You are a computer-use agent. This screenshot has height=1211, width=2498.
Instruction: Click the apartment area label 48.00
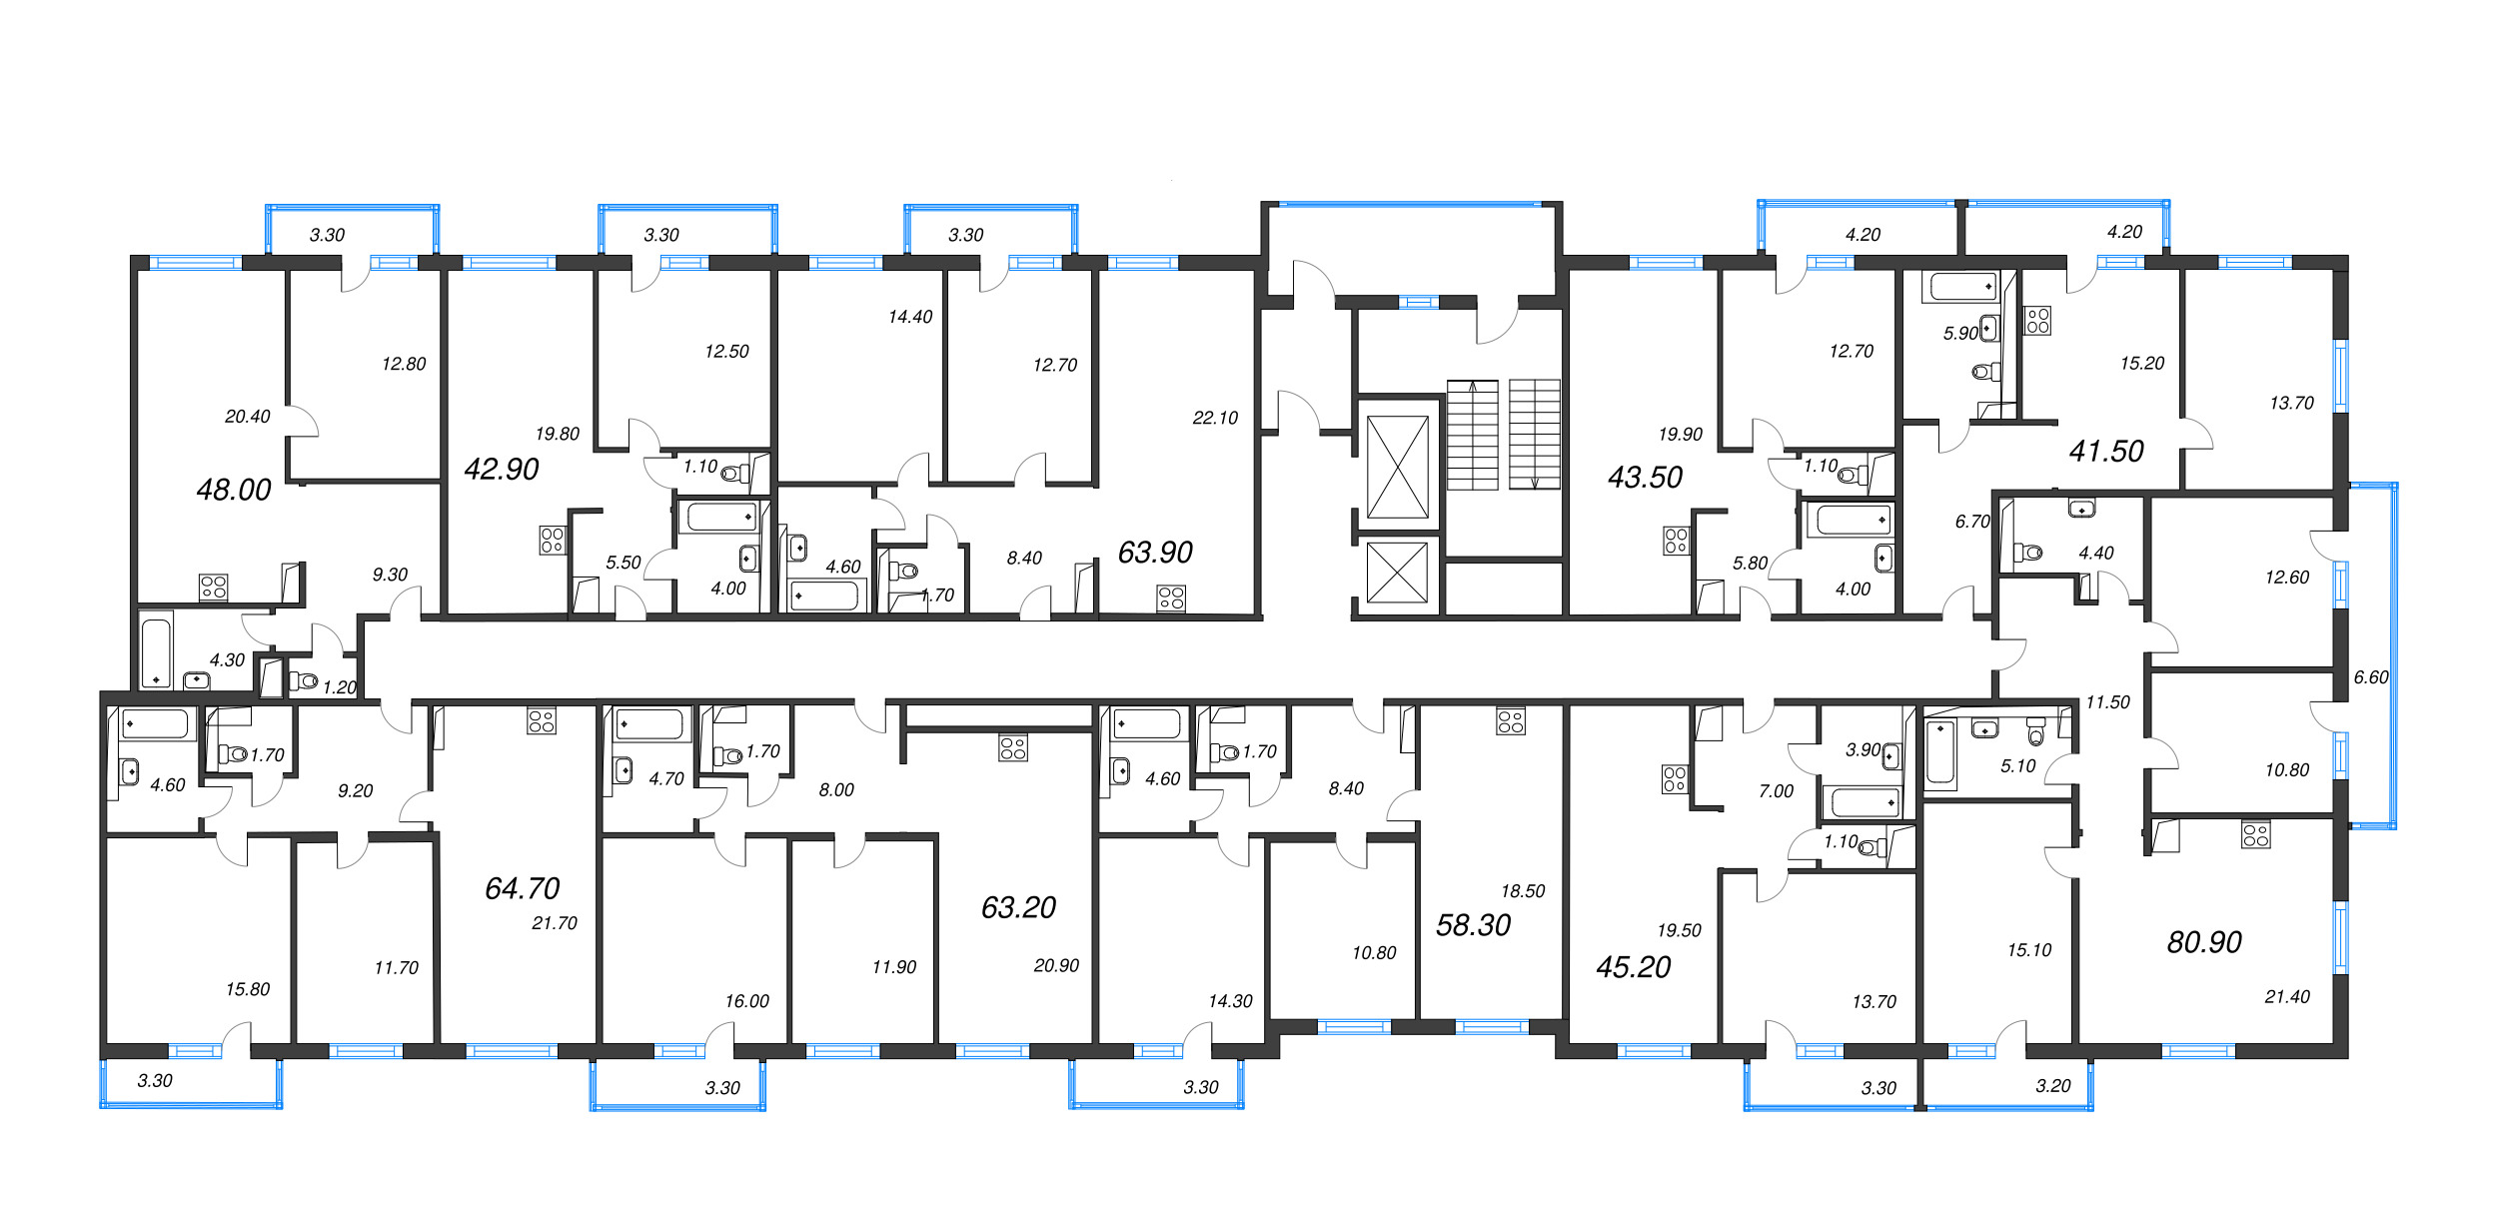pyautogui.click(x=234, y=490)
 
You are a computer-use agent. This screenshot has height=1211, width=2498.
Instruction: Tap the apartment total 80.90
pyautogui.click(x=2204, y=941)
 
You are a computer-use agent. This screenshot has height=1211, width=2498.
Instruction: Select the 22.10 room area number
pyautogui.click(x=1215, y=418)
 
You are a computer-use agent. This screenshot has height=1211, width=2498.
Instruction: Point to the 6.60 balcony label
pyautogui.click(x=2371, y=676)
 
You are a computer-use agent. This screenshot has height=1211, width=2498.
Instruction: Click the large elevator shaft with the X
pyautogui.click(x=1397, y=467)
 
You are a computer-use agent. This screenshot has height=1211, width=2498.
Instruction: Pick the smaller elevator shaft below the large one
pyautogui.click(x=1397, y=573)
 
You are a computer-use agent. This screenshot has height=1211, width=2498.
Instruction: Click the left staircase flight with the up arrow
pyautogui.click(x=1473, y=435)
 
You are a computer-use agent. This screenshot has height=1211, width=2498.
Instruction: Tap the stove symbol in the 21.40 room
pyautogui.click(x=2256, y=834)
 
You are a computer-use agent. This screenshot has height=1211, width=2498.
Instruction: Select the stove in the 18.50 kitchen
pyautogui.click(x=1511, y=721)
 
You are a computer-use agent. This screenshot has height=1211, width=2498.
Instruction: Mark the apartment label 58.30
pyautogui.click(x=1473, y=925)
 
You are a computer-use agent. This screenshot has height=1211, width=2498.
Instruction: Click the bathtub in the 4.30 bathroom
pyautogui.click(x=156, y=651)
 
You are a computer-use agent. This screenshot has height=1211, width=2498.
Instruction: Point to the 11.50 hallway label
pyautogui.click(x=2108, y=702)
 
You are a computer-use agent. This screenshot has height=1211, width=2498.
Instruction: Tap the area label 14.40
pyautogui.click(x=910, y=317)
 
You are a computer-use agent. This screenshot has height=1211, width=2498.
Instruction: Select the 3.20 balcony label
pyautogui.click(x=2053, y=1086)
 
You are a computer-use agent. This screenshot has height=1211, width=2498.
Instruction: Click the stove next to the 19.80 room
pyautogui.click(x=553, y=541)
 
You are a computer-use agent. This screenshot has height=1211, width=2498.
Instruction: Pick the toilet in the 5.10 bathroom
pyautogui.click(x=2035, y=731)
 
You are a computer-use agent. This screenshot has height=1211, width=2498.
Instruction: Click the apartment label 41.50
pyautogui.click(x=2106, y=452)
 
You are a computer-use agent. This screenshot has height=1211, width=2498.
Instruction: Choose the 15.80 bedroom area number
pyautogui.click(x=248, y=989)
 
